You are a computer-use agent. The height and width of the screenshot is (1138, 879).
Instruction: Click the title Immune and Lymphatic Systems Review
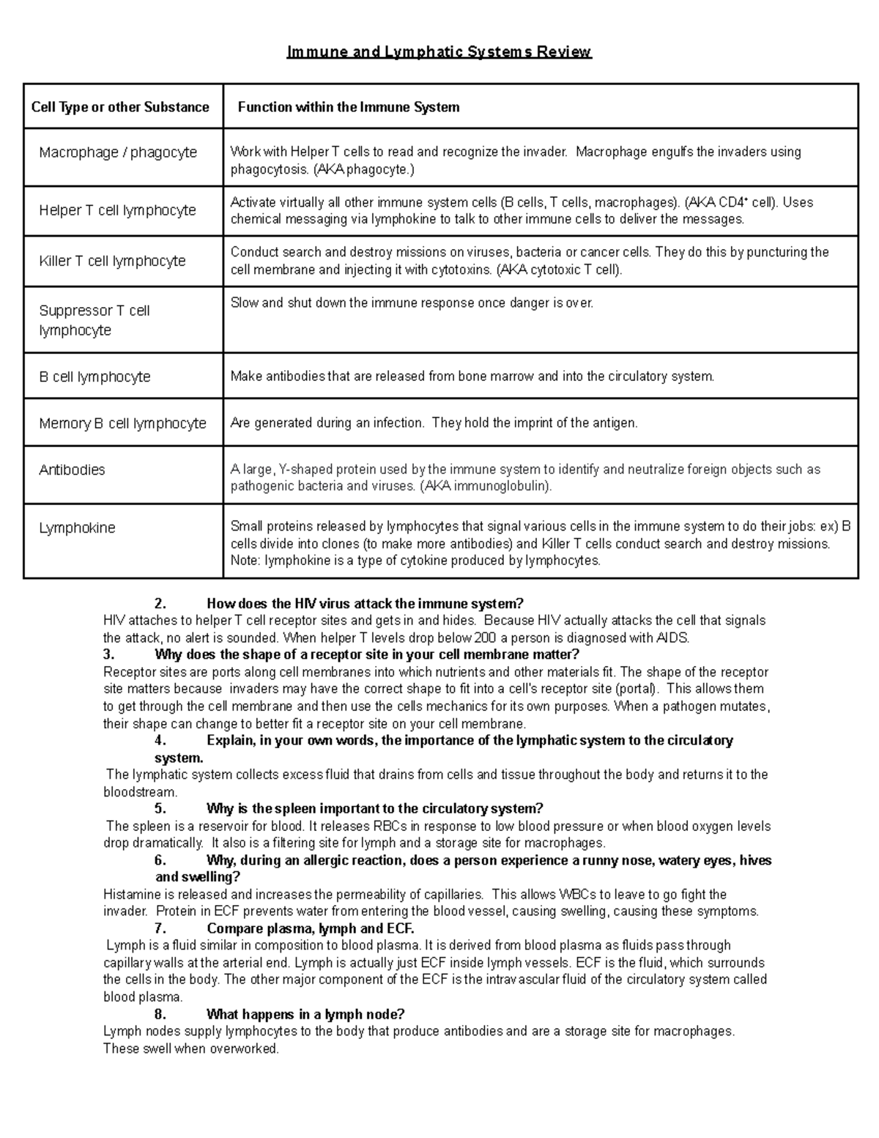(x=439, y=52)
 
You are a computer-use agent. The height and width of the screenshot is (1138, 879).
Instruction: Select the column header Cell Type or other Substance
(x=120, y=107)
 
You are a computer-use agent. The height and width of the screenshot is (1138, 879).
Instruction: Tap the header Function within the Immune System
(x=349, y=107)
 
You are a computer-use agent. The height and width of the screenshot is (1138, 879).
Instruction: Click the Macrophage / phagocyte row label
(x=118, y=152)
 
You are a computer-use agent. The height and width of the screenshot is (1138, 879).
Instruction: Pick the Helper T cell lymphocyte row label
(x=117, y=210)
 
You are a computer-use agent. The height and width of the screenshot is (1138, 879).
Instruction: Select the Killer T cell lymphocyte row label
(x=112, y=261)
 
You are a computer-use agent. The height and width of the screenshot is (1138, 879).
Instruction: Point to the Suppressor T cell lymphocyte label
(x=94, y=320)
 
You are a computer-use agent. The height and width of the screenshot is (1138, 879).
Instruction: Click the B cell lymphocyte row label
(x=94, y=377)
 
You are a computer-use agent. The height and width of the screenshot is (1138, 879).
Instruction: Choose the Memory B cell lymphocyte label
(x=122, y=424)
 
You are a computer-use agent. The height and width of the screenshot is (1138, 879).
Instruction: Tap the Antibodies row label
(x=72, y=470)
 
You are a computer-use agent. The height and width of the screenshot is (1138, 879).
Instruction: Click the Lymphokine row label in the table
(x=77, y=528)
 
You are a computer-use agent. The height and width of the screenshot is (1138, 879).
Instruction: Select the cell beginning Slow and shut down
(x=412, y=303)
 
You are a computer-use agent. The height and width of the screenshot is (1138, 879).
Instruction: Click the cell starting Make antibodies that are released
(x=472, y=377)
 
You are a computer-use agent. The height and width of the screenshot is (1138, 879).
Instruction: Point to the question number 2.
(x=160, y=604)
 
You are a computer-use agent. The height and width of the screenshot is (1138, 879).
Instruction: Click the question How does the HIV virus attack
(x=365, y=604)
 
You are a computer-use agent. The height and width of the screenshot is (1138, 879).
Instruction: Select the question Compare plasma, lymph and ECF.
(x=311, y=928)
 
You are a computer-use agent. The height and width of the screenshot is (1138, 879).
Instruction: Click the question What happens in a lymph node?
(x=305, y=1014)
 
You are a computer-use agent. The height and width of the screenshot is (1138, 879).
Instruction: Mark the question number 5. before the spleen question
(x=160, y=809)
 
